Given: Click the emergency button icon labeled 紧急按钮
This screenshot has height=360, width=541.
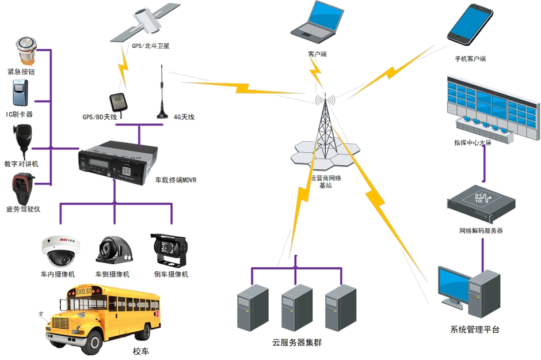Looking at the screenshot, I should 25,50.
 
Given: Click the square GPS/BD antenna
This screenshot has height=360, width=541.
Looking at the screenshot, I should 119,102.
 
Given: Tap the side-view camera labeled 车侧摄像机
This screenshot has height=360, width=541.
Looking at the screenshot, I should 115,250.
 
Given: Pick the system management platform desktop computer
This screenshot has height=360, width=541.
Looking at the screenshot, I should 469,291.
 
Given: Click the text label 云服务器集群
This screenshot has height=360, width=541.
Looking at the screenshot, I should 297,343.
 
